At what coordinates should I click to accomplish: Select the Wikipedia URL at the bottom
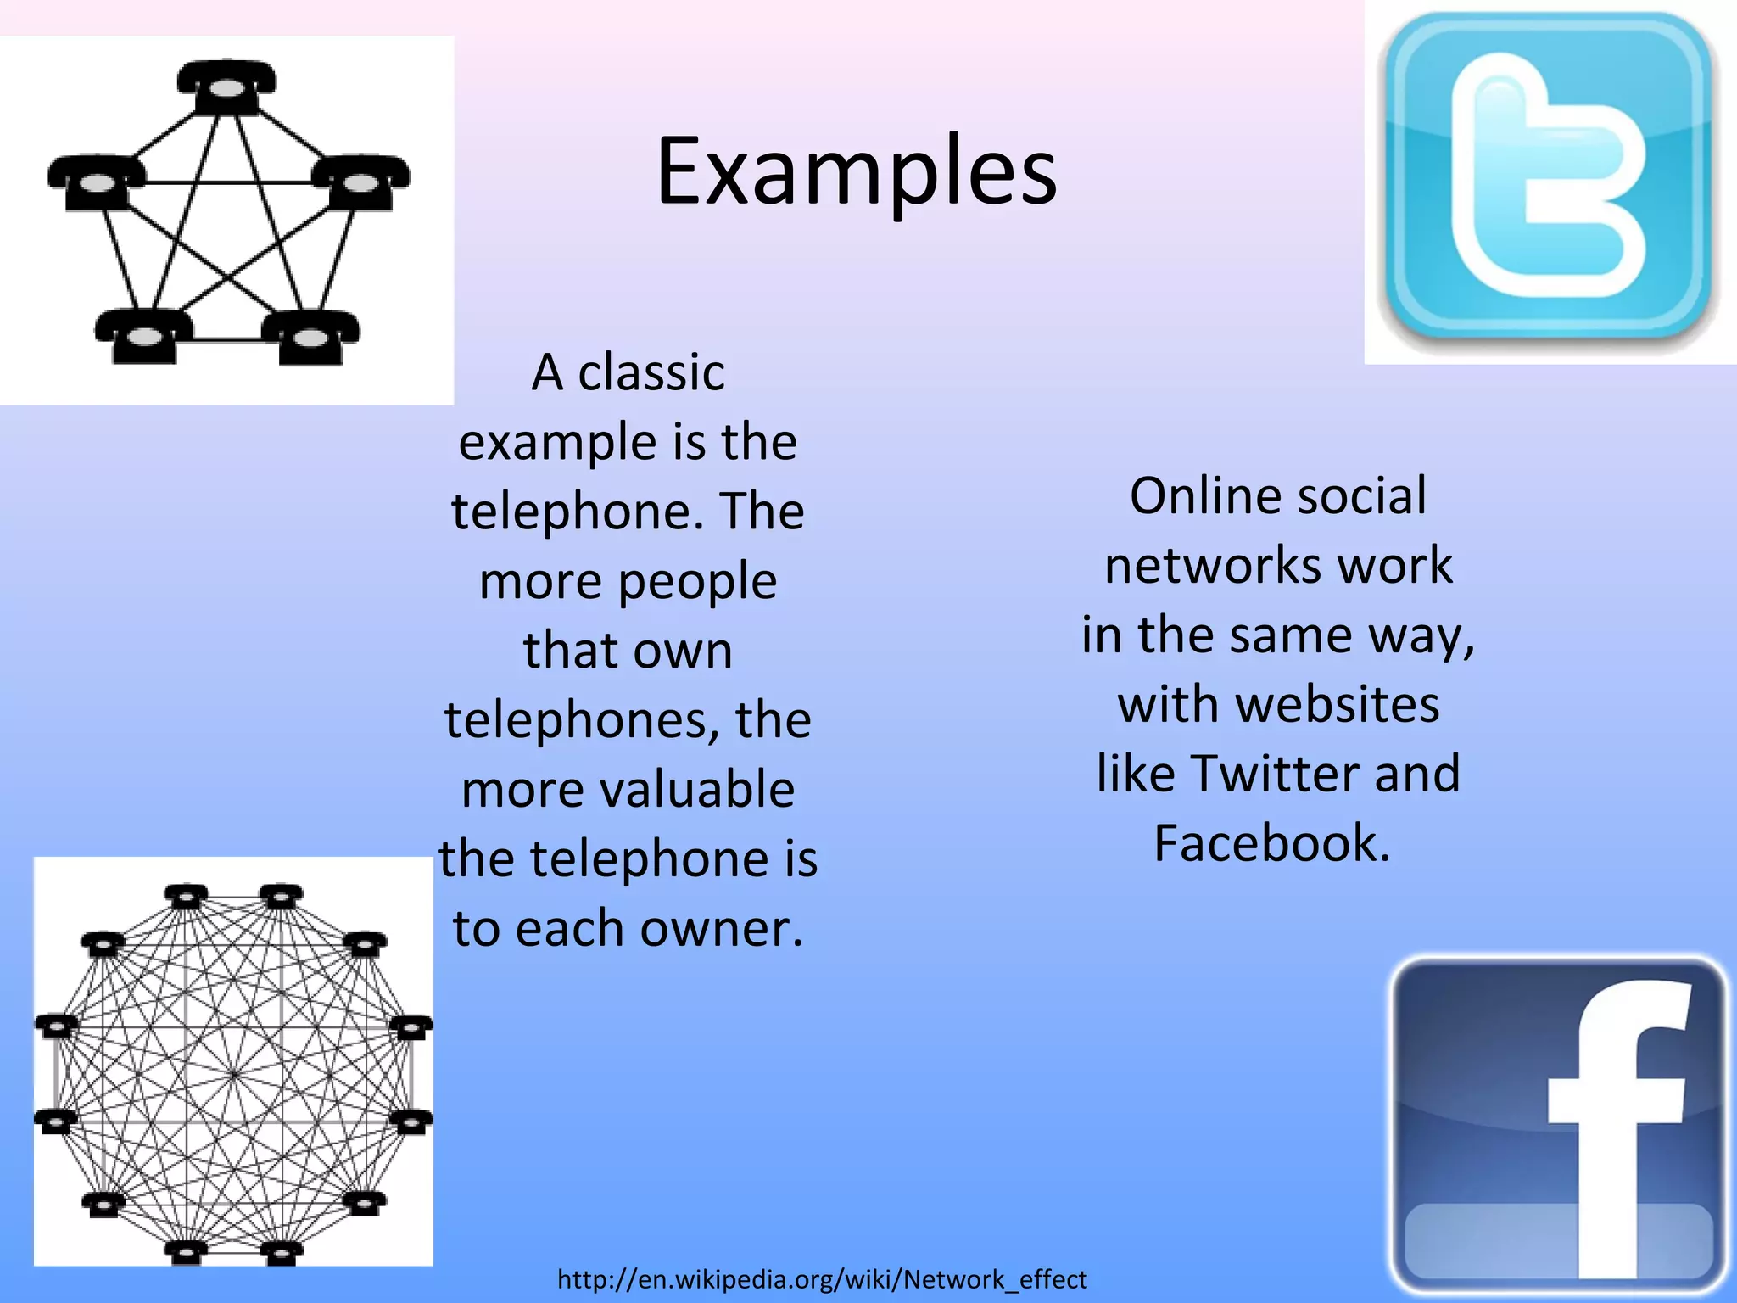click(822, 1278)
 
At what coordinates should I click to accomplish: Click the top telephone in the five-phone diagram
click(226, 86)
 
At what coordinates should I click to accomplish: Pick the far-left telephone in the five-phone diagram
click(97, 182)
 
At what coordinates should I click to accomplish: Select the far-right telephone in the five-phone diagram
click(361, 182)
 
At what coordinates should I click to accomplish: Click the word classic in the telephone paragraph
click(651, 372)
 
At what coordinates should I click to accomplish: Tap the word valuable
click(697, 790)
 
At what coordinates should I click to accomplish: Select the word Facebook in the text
click(1271, 843)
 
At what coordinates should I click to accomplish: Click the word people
click(697, 582)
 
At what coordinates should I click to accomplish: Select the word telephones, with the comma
click(582, 720)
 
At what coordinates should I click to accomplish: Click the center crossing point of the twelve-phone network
click(233, 1074)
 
